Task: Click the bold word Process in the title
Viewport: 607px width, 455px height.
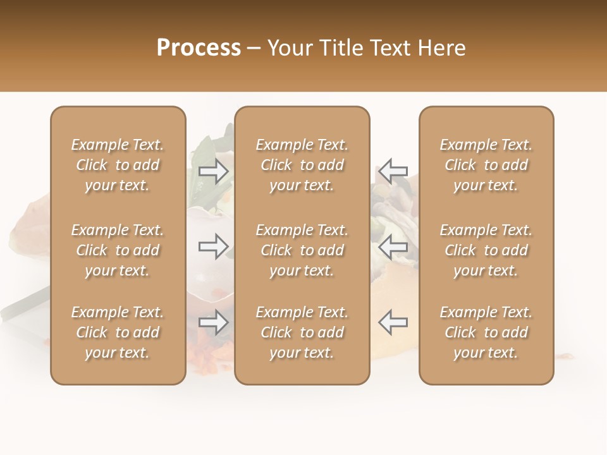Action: click(199, 48)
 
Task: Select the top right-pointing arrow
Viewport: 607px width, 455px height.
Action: click(214, 171)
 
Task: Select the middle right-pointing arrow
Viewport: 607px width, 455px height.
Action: click(214, 246)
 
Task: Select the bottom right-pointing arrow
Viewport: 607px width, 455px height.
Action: click(214, 322)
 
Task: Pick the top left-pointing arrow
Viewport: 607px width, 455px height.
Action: click(393, 171)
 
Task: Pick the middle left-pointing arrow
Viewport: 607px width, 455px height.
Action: click(393, 246)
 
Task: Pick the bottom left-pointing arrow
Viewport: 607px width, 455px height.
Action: click(393, 322)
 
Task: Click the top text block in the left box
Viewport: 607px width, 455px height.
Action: click(118, 165)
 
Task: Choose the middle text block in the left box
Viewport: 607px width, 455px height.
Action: click(118, 250)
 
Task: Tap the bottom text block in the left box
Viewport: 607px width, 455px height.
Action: click(118, 332)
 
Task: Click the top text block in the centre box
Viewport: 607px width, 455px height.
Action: click(302, 165)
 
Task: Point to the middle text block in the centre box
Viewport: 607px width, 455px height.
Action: click(302, 250)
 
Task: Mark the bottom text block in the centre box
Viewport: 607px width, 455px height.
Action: click(302, 332)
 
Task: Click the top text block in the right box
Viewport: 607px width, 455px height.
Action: click(486, 165)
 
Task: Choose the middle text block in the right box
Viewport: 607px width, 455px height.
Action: click(486, 250)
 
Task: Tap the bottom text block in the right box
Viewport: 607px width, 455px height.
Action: click(486, 332)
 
